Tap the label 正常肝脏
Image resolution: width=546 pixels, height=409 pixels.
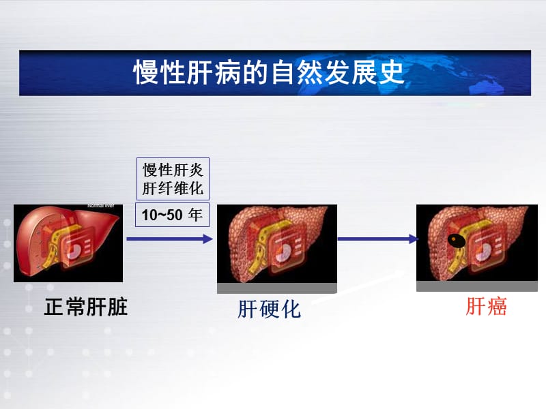(86, 307)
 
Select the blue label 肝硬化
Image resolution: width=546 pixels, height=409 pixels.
(269, 309)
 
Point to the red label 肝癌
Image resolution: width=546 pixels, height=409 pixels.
(487, 307)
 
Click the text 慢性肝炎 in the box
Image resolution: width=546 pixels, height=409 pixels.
(173, 170)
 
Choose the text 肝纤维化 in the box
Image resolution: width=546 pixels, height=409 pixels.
(173, 187)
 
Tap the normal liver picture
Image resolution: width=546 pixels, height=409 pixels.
(68, 242)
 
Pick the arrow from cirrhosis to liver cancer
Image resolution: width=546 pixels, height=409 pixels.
(377, 239)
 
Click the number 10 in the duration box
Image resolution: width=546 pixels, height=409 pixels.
(149, 216)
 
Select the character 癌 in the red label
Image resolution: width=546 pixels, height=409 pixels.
(497, 307)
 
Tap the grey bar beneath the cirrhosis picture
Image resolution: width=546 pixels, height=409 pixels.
(276, 288)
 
